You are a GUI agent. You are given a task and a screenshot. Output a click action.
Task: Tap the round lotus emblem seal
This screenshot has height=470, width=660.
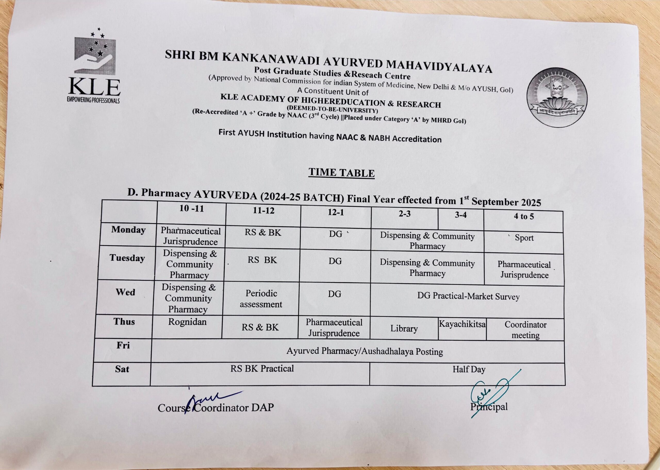coord(556,98)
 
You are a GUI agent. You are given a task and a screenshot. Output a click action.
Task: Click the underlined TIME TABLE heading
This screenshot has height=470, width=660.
coord(341,173)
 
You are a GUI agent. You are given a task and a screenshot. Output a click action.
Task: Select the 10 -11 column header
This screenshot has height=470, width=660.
coord(191,209)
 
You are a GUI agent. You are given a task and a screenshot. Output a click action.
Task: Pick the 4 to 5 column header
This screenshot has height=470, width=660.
coord(524,216)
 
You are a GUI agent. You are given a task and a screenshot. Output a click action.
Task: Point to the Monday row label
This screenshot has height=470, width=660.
coord(128,230)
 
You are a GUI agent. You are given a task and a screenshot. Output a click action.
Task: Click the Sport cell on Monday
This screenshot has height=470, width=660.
coord(524,238)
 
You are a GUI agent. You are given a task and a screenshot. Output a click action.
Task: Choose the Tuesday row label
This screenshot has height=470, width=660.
coord(127,258)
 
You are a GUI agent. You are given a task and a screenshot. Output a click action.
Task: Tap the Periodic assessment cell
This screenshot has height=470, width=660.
coord(261,299)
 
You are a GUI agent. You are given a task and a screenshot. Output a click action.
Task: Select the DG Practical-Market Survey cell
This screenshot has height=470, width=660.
coord(468,296)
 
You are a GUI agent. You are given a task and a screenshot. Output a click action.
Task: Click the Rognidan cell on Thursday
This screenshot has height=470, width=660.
coord(187,322)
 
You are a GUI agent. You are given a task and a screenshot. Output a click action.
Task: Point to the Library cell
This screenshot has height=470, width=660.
coord(404,329)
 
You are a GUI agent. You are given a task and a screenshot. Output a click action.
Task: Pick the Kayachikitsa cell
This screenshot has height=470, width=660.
coord(462,324)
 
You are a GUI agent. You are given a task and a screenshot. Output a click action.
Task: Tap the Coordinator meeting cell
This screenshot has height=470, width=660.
coord(525,330)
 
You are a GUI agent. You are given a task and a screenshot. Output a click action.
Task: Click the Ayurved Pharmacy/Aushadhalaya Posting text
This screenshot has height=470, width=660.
coord(365,352)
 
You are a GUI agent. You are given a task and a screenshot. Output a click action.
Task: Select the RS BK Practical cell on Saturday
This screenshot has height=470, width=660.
coord(262,369)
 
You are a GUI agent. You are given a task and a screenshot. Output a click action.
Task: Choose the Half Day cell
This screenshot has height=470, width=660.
coord(469,370)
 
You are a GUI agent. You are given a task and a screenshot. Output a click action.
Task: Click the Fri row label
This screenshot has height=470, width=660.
coord(123,345)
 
